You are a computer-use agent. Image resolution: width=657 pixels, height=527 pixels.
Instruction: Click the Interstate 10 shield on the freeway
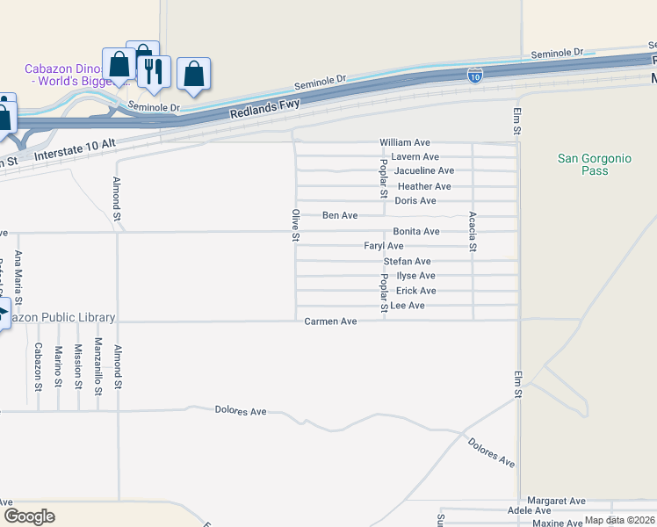click(x=475, y=76)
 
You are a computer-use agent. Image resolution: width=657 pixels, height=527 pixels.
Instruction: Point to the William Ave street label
click(x=404, y=142)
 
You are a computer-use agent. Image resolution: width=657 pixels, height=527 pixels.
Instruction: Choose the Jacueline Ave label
click(x=423, y=170)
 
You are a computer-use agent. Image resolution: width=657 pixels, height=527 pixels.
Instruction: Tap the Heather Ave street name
click(x=423, y=186)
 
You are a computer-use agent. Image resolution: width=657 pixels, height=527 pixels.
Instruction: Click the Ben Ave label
click(x=340, y=215)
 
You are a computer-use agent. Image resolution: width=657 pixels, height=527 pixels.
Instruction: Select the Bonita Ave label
click(x=416, y=231)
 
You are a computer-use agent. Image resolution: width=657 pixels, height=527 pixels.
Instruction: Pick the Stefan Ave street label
click(x=407, y=262)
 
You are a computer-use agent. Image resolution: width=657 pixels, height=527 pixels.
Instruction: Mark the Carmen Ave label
click(x=330, y=321)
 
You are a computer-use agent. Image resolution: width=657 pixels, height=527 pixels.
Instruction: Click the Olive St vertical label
click(x=296, y=226)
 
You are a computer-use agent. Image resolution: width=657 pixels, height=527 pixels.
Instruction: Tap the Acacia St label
click(x=473, y=232)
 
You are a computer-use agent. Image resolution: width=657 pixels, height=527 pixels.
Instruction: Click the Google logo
click(x=29, y=516)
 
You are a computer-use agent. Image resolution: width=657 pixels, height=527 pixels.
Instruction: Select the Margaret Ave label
click(x=552, y=501)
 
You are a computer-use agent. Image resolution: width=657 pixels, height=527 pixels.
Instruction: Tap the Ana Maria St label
click(x=18, y=275)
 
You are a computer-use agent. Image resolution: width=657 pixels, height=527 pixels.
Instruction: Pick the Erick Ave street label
click(x=415, y=291)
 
